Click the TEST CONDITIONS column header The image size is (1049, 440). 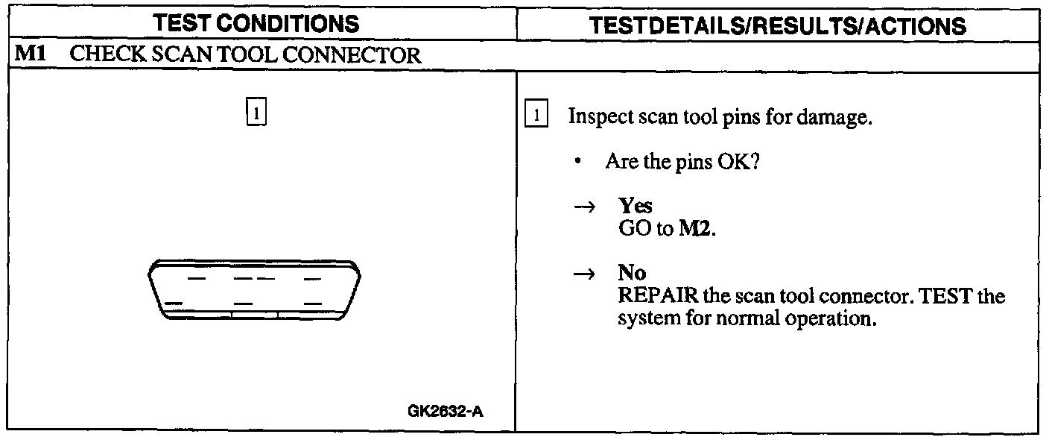258,25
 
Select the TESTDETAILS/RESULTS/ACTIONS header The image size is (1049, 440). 778,25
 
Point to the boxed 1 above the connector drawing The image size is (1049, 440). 256,114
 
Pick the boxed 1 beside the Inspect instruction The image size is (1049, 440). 536,116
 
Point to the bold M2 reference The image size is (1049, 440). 695,228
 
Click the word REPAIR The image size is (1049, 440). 658,296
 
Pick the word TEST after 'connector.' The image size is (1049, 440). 945,296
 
